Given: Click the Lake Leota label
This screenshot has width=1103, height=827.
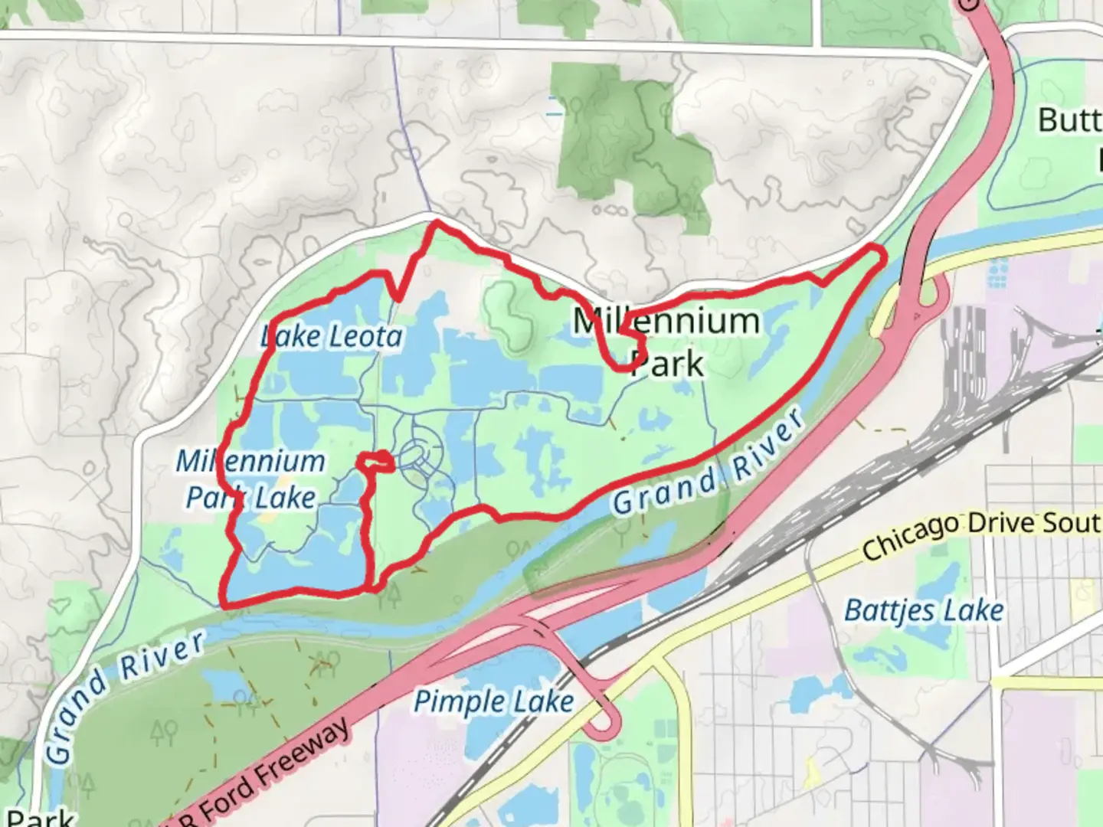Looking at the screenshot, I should [331, 336].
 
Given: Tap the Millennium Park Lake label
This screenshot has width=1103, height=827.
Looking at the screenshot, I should [251, 479].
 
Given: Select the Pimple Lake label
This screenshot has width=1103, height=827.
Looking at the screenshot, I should [493, 701].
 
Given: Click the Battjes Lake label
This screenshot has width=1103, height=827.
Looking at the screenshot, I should [924, 610].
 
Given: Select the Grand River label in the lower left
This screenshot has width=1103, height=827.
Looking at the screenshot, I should [123, 693].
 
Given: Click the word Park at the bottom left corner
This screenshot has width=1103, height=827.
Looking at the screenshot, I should [38, 816].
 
